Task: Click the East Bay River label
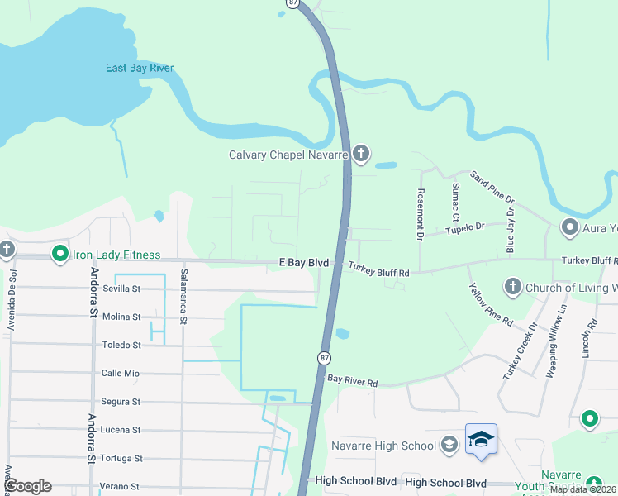click(x=140, y=68)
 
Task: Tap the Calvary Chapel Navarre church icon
click(x=361, y=153)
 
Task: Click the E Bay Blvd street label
click(x=304, y=262)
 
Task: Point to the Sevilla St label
click(x=121, y=289)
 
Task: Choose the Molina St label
click(x=121, y=317)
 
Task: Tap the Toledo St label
click(x=121, y=345)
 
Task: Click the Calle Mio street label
click(x=120, y=373)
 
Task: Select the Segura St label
click(x=121, y=402)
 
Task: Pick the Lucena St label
click(x=121, y=430)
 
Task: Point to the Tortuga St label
click(x=121, y=458)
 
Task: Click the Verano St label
click(x=121, y=486)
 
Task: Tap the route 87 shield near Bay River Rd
click(x=324, y=357)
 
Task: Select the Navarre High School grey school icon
click(x=449, y=446)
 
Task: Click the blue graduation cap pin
click(x=481, y=439)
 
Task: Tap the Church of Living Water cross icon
click(x=512, y=287)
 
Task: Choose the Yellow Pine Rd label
click(x=491, y=303)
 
